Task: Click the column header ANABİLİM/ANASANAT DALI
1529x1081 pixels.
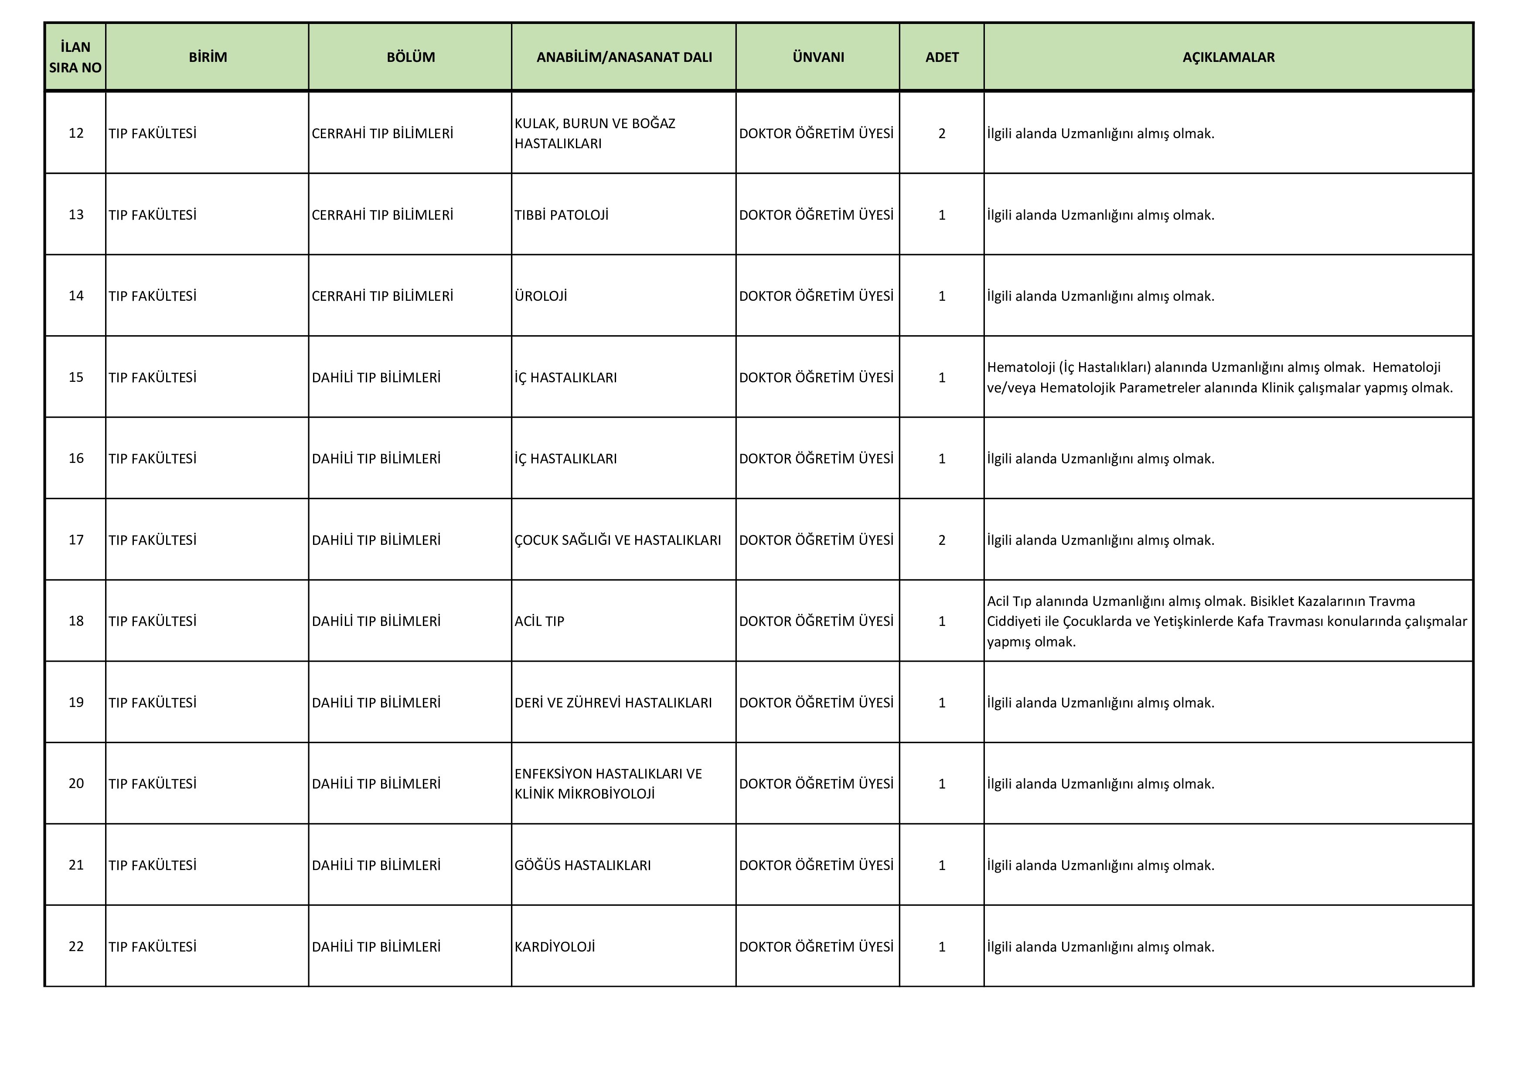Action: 623,57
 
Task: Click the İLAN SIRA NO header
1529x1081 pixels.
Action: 75,57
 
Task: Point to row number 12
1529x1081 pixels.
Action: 76,133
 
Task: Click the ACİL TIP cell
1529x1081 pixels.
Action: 539,621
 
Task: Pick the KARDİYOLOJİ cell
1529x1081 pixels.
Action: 554,947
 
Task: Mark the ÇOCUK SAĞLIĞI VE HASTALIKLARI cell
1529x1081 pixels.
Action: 617,540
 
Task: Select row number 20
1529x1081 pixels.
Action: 76,783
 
